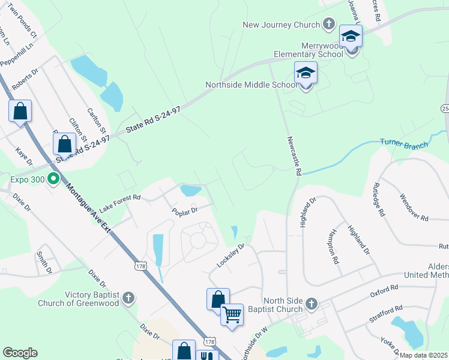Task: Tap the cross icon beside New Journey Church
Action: (328, 25)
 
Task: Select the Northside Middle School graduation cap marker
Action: (306, 74)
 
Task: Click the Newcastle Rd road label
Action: (294, 156)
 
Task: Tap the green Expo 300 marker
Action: (53, 179)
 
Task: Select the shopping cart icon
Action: (232, 314)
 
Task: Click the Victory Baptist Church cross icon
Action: (128, 298)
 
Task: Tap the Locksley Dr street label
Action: (231, 256)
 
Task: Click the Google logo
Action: (20, 353)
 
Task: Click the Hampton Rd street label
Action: (334, 247)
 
